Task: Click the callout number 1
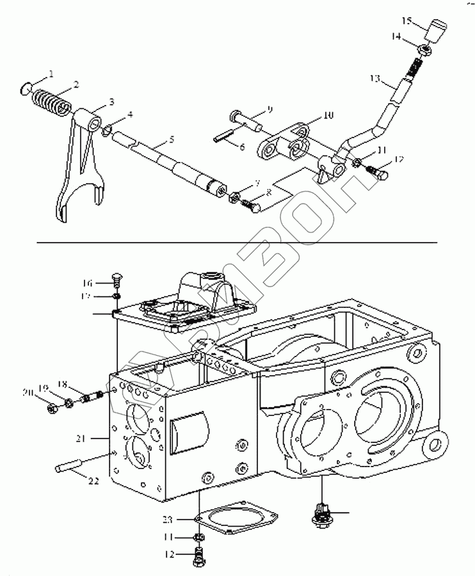51,74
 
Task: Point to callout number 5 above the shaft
170,139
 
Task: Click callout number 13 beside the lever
375,79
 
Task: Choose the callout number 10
328,116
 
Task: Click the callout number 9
269,110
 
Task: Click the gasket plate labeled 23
237,516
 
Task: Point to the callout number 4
130,115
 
